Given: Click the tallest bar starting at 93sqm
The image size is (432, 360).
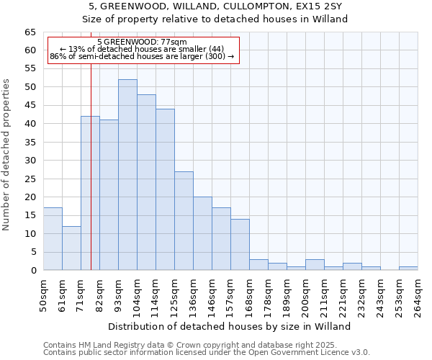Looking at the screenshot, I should [127, 175].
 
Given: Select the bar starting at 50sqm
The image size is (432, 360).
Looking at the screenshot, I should [53, 239].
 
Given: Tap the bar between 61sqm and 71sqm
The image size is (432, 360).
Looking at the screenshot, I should [71, 248].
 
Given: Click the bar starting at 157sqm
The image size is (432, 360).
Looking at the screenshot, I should [240, 245].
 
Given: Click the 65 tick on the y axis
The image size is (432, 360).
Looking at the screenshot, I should [30, 32].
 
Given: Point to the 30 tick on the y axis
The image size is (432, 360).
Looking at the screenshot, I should [30, 161].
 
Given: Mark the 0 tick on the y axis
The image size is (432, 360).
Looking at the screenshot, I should [33, 271].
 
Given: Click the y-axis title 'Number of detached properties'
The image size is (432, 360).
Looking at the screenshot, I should [7, 155].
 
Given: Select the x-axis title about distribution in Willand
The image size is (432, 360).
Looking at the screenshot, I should [228, 326].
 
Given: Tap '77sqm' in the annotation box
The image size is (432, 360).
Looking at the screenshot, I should [174, 42].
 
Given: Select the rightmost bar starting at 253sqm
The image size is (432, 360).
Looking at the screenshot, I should [408, 269].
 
